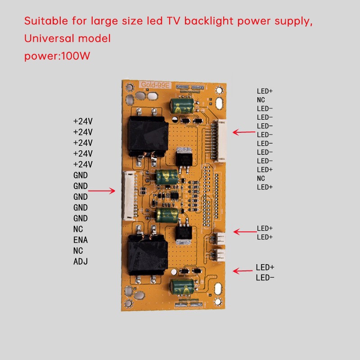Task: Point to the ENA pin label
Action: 80,240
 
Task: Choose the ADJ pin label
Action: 80,261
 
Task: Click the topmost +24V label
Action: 83,121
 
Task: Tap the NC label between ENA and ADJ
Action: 78,251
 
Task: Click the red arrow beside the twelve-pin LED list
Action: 243,132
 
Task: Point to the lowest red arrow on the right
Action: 243,271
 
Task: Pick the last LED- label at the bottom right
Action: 265,278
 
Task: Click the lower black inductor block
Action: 148,255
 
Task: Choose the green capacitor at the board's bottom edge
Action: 183,286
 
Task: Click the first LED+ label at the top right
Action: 265,91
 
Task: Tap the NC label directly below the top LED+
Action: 261,100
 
